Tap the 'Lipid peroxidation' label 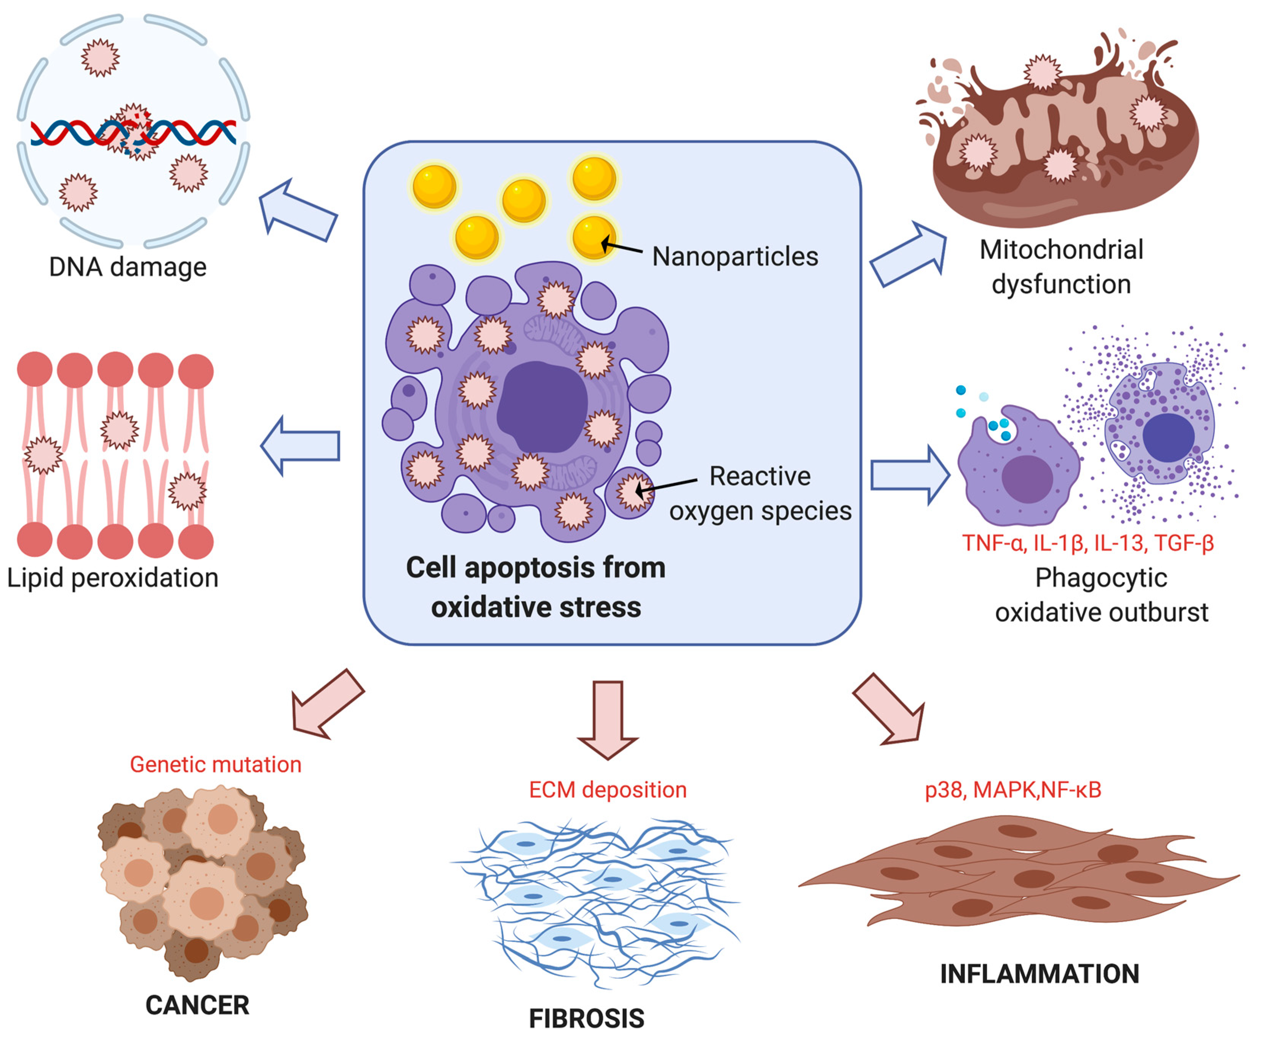112,578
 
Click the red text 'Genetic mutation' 216,765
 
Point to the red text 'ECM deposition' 607,790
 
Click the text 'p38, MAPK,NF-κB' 1013,790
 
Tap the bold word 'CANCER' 197,1005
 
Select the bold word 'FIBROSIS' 586,1018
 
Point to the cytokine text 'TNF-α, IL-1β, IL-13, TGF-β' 1088,543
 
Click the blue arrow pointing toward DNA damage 298,211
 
